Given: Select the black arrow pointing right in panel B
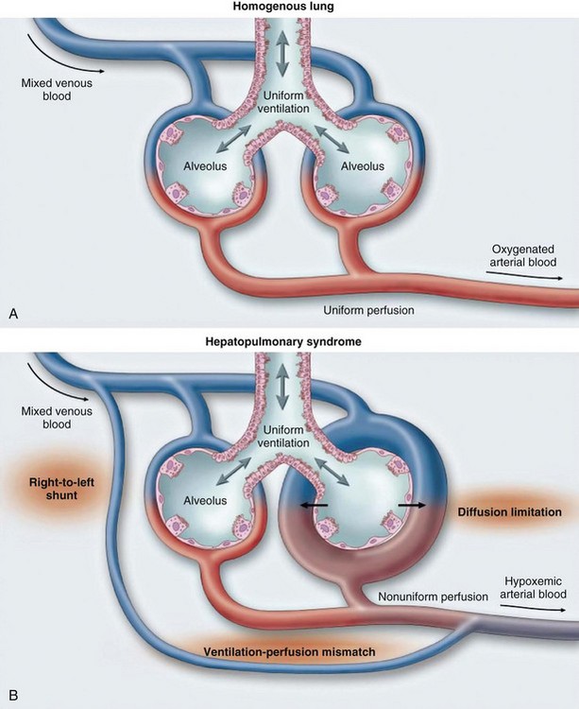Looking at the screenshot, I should click(x=411, y=507).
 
